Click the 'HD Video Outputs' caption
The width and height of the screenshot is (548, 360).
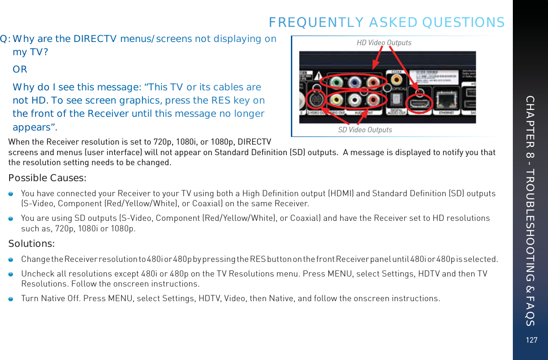(384, 43)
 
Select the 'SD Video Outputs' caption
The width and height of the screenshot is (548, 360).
(365, 130)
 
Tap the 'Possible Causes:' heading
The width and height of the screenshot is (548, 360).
(48, 177)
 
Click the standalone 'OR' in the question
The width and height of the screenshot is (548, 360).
(20, 69)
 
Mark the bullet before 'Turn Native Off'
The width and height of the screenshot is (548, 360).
(11, 298)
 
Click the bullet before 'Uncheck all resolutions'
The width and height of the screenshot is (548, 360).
(11, 273)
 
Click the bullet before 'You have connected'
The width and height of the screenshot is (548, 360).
(11, 193)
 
